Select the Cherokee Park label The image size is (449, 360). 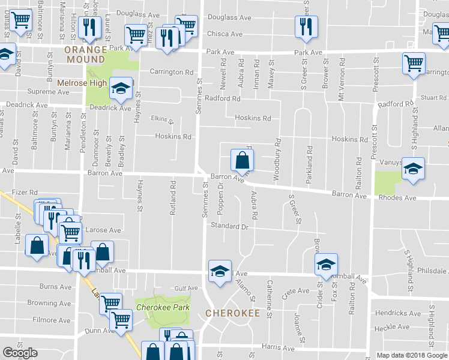pyautogui.click(x=163, y=307)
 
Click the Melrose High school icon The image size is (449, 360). pyautogui.click(x=121, y=89)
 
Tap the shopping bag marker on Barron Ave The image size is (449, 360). pyautogui.click(x=242, y=160)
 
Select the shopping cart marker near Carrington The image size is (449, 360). pyautogui.click(x=414, y=63)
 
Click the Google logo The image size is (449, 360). pyautogui.click(x=20, y=353)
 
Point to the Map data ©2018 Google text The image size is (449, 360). pyautogui.click(x=412, y=355)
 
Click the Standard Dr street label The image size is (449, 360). pyautogui.click(x=229, y=226)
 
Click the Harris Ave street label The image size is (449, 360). pyautogui.click(x=279, y=347)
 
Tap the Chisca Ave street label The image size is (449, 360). pyautogui.click(x=224, y=34)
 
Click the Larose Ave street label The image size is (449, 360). pyautogui.click(x=103, y=230)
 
